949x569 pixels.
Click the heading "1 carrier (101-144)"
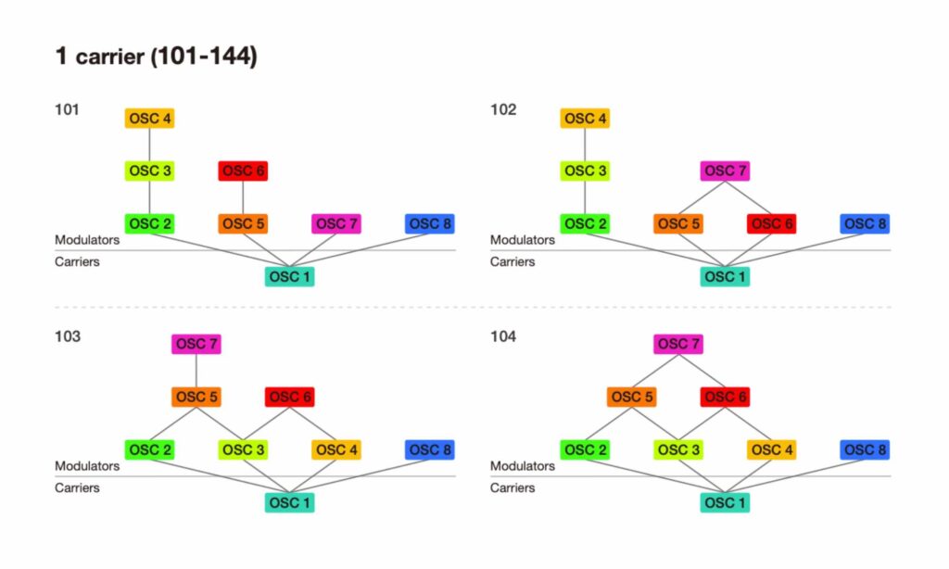(x=156, y=57)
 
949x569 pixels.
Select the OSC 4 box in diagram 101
(x=150, y=119)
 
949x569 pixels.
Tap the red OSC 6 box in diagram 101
(x=243, y=171)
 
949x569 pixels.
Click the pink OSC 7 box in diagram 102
(x=725, y=171)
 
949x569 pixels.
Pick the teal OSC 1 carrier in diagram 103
(x=289, y=503)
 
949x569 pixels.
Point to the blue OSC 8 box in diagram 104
(x=864, y=450)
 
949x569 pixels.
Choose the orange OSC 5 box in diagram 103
(x=196, y=398)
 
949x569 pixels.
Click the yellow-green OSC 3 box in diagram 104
(x=678, y=450)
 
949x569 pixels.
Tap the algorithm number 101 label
(x=67, y=110)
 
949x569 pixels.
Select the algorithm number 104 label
(x=502, y=336)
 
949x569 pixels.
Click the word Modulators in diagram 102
(x=523, y=240)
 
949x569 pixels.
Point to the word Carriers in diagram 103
(x=77, y=487)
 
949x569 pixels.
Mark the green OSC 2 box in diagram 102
(x=586, y=224)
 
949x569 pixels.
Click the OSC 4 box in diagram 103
(x=335, y=450)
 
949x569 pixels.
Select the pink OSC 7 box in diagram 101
(x=335, y=224)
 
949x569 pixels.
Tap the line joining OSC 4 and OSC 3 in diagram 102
(x=586, y=145)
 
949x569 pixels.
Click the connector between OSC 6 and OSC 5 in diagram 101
(x=243, y=197)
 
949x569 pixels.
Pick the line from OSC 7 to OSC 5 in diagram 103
(x=196, y=371)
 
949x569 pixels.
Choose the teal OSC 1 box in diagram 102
(x=725, y=277)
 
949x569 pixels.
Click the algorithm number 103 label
(x=67, y=336)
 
